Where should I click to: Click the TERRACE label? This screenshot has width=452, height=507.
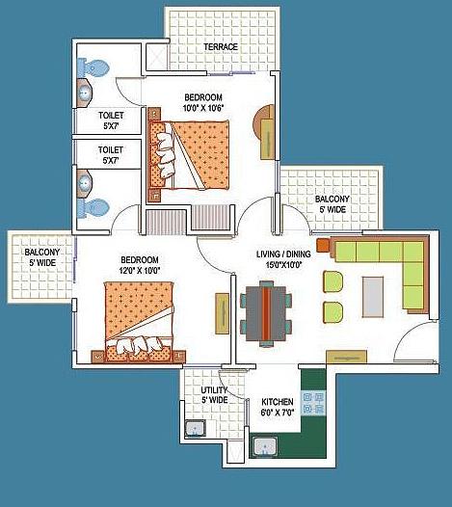(221, 47)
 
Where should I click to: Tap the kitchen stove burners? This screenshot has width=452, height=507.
(313, 403)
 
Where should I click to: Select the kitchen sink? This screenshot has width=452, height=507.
(265, 446)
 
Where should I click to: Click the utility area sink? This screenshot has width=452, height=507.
(196, 428)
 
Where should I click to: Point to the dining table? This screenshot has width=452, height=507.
(266, 313)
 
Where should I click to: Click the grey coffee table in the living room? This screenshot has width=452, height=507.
(373, 297)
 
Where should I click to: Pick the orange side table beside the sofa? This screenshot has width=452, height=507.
(323, 245)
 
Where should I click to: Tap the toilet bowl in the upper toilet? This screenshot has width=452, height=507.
(93, 68)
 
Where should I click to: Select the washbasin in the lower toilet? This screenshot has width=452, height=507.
(85, 182)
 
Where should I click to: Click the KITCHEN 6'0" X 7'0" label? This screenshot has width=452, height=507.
(278, 407)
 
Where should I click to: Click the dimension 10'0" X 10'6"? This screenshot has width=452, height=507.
(203, 108)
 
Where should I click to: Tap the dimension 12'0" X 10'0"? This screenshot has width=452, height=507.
(140, 270)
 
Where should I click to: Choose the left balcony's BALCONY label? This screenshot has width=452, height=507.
(42, 253)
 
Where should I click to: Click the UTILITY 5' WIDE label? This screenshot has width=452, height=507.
(214, 395)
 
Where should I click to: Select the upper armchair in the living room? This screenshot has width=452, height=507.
(333, 281)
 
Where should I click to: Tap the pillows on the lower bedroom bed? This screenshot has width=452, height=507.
(139, 345)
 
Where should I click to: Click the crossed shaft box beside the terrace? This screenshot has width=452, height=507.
(157, 57)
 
